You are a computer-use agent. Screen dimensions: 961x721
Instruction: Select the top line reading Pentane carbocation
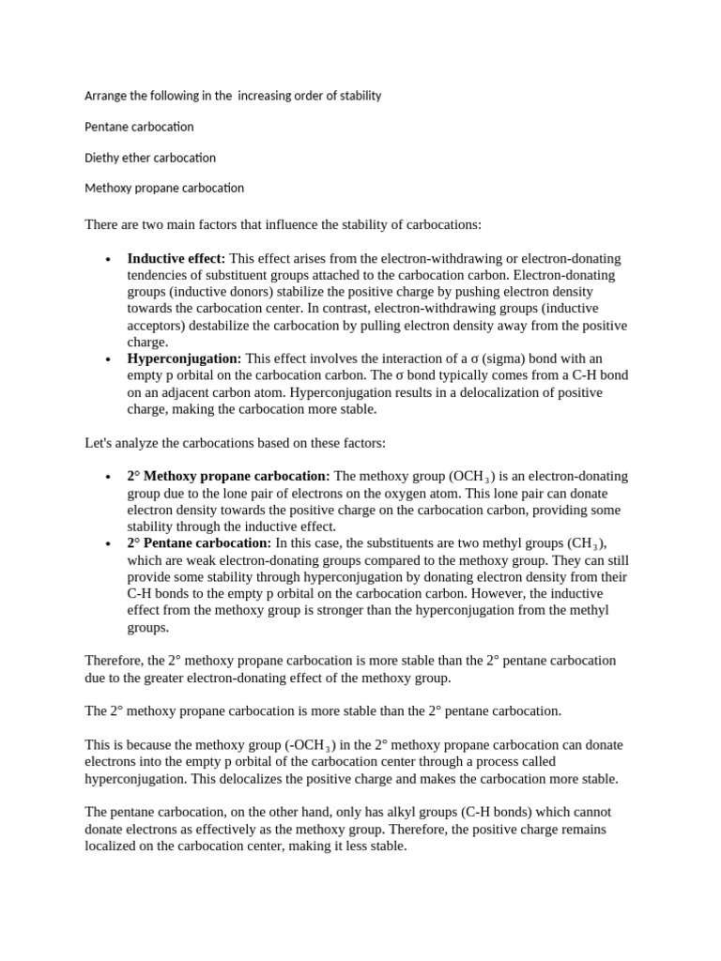(x=139, y=127)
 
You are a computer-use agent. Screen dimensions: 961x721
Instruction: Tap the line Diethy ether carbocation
(x=150, y=158)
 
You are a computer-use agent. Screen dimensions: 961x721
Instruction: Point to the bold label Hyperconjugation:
(x=184, y=358)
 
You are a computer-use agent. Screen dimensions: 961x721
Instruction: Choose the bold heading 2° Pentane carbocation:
(x=199, y=543)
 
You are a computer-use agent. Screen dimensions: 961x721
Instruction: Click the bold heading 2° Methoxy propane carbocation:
(x=228, y=476)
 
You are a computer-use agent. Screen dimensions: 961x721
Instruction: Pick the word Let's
(x=100, y=442)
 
